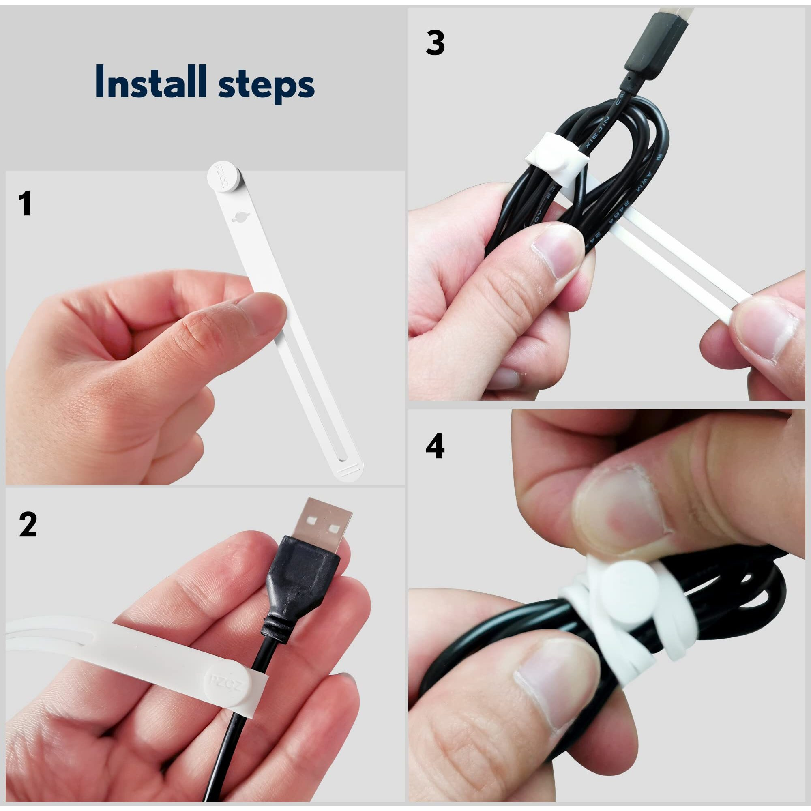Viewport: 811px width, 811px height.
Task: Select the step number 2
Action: point(28,525)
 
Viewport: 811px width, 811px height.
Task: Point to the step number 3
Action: point(435,43)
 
